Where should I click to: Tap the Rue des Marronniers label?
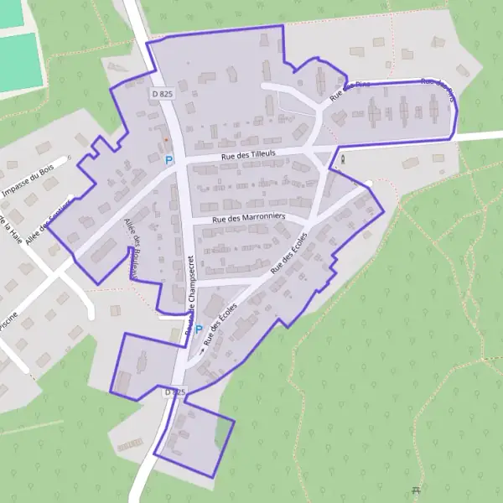coord(250,217)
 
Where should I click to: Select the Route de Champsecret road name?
coord(192,293)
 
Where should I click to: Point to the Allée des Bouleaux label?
coord(132,248)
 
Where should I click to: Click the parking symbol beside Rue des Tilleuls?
coord(169,159)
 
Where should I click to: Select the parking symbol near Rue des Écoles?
coord(199,330)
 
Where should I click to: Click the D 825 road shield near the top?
coord(163,94)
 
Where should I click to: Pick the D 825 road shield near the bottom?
coord(174,392)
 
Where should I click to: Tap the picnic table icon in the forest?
coord(417,490)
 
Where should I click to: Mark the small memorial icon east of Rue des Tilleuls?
coord(342,155)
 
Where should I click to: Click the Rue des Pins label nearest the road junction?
coord(350,90)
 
